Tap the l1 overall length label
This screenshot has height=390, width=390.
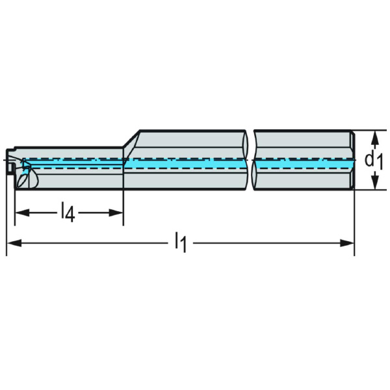click(180, 242)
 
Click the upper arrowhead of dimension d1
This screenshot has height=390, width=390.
click(375, 135)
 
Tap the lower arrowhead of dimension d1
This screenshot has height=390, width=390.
click(375, 186)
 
